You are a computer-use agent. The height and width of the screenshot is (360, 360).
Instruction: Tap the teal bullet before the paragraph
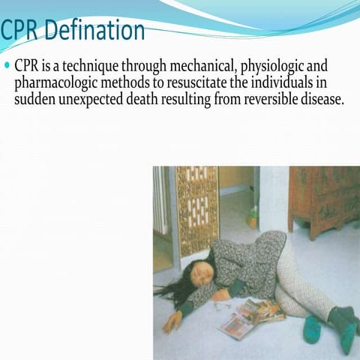(x=7, y=66)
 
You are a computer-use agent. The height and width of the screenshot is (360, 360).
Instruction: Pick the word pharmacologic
(x=51, y=82)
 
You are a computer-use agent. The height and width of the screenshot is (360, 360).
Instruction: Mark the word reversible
(x=265, y=97)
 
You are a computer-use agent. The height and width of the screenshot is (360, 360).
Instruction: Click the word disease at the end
(x=320, y=97)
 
